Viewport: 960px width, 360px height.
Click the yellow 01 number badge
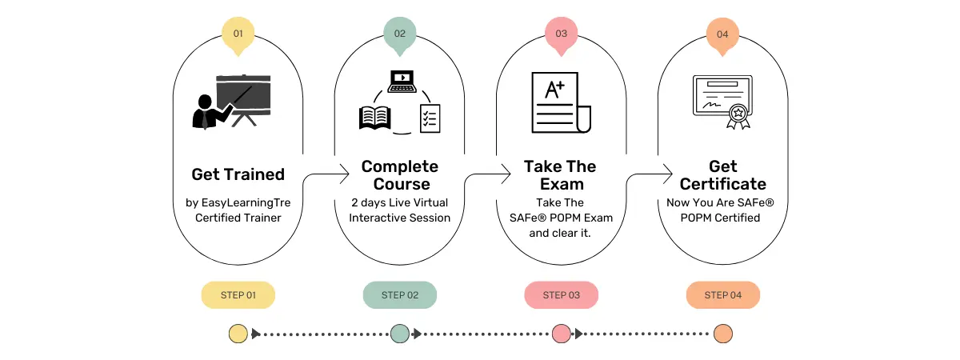pos(238,34)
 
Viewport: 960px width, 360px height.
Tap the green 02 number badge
pos(399,34)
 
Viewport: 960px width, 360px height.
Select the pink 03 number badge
pos(561,34)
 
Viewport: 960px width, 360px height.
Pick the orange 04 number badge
pos(722,34)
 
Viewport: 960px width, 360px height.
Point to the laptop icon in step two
pos(401,80)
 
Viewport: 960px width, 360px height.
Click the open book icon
pos(374,118)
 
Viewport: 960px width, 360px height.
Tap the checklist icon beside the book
pos(430,118)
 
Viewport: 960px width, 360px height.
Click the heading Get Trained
pos(238,174)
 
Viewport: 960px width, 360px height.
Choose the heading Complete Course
pos(400,175)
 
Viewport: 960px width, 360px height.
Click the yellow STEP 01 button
pos(238,295)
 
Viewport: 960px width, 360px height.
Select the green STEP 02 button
pos(399,295)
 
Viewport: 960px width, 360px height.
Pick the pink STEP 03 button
pos(561,295)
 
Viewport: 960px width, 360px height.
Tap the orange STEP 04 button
pos(722,295)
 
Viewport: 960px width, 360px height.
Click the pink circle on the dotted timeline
pos(561,334)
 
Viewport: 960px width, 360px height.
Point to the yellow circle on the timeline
pos(238,334)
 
